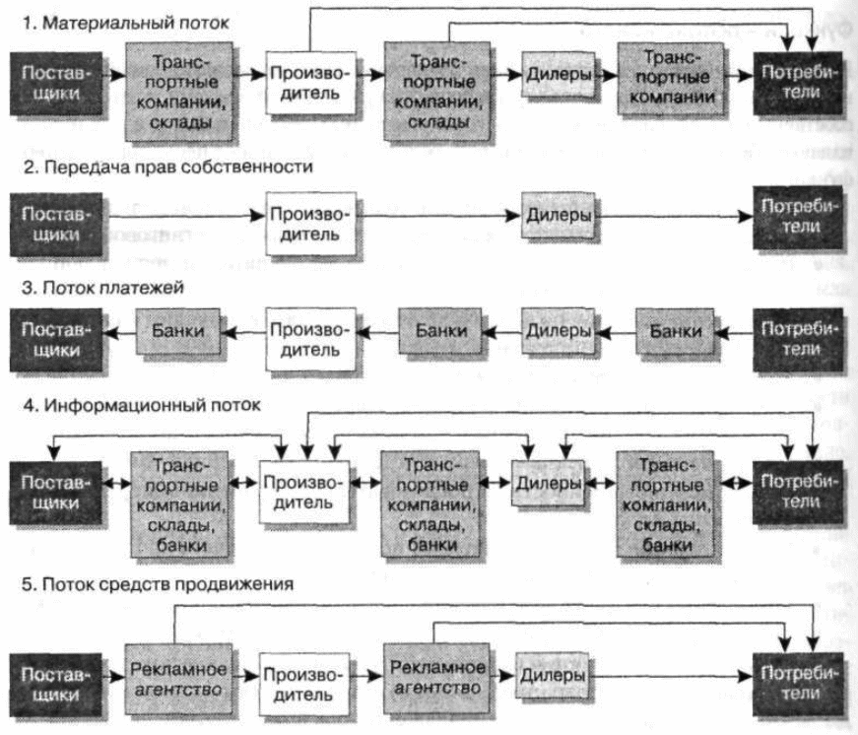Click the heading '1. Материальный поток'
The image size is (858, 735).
click(126, 23)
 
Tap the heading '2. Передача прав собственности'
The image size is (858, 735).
click(168, 167)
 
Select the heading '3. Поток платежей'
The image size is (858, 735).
click(102, 288)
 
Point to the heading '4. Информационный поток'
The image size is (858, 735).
click(142, 405)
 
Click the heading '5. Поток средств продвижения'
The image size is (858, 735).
click(158, 584)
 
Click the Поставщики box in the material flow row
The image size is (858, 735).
click(56, 83)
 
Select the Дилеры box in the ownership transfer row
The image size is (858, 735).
click(559, 215)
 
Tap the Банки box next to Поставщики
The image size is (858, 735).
click(178, 331)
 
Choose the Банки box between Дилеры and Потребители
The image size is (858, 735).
click(675, 331)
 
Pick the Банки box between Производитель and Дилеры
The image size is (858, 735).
click(440, 331)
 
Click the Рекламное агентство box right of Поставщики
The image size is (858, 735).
click(178, 679)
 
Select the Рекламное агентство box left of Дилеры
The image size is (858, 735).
click(436, 679)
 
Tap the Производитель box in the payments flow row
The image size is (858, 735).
click(311, 339)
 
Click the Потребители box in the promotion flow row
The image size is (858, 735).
click(798, 684)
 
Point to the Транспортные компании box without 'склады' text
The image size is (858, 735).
click(672, 78)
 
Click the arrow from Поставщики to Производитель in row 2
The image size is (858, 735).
click(184, 216)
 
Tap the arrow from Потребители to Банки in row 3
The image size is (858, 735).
click(734, 332)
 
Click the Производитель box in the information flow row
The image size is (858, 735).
click(303, 492)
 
